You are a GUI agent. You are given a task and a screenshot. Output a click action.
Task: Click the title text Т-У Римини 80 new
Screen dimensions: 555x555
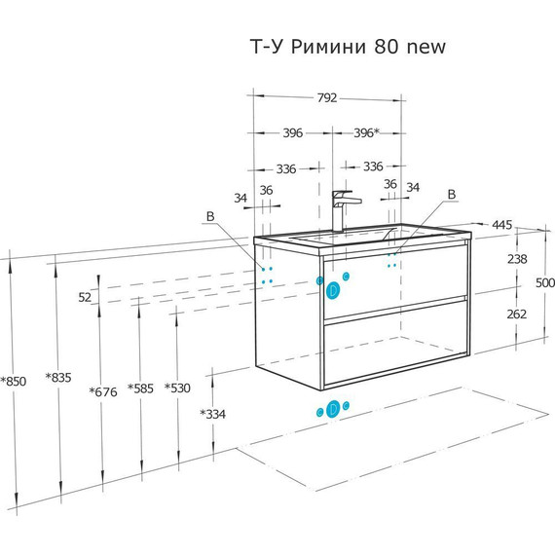point(348,47)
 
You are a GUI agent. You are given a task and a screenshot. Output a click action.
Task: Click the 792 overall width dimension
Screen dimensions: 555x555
point(327,97)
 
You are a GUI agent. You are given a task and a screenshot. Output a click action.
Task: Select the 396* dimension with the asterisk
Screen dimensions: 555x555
point(367,132)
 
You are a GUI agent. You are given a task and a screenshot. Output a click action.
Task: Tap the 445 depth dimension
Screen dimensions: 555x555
point(501,225)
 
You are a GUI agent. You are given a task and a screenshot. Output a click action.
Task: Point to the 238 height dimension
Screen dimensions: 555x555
point(517,259)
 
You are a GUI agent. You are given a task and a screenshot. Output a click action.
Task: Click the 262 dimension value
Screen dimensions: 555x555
point(517,314)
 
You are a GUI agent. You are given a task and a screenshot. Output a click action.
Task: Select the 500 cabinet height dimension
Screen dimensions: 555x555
point(545,282)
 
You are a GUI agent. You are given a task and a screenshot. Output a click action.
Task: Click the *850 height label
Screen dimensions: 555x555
point(14,382)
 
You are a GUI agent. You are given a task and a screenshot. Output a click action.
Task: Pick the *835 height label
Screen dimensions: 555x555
point(58,378)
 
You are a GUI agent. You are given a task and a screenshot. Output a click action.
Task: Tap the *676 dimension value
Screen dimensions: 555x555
point(103,391)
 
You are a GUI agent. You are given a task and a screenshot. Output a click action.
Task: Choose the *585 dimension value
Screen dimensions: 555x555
point(140,388)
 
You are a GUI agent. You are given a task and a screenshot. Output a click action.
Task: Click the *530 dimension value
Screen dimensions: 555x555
point(177,388)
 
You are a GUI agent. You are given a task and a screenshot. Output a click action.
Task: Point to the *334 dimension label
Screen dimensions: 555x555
point(212,414)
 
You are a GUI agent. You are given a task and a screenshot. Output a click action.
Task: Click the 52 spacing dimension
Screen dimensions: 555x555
point(85,297)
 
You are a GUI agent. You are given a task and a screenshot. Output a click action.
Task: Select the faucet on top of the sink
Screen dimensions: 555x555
point(345,211)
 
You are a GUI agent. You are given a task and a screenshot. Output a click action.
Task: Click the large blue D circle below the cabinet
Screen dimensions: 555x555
point(333,409)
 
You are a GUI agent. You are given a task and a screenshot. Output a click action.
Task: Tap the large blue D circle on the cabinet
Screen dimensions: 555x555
point(333,290)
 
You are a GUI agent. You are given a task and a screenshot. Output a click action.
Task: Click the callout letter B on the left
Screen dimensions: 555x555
point(210,216)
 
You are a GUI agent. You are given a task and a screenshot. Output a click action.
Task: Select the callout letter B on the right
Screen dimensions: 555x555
point(452,195)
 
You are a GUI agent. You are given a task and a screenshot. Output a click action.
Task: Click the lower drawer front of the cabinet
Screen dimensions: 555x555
point(395,342)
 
